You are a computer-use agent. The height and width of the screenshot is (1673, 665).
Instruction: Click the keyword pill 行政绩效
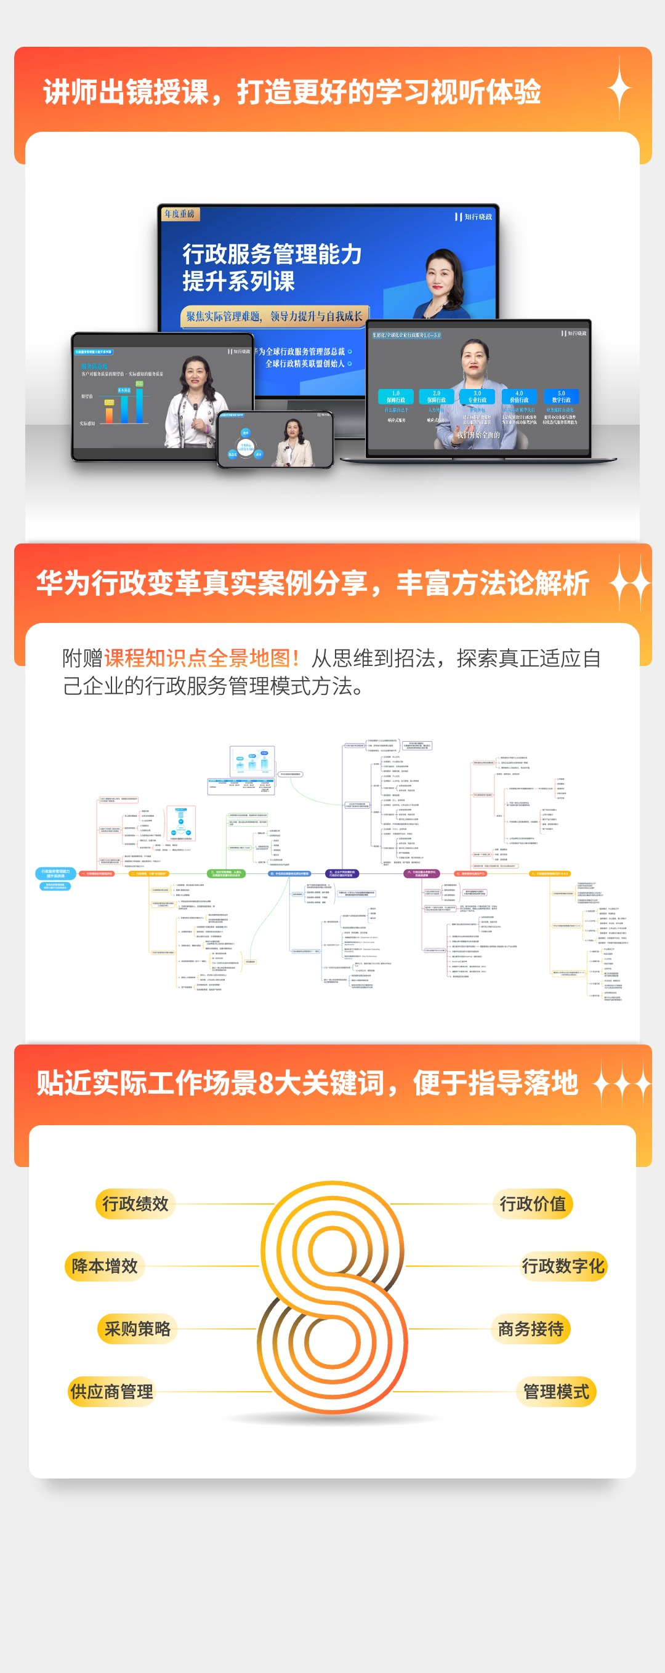[135, 1203]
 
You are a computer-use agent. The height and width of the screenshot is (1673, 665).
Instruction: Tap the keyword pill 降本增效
[105, 1266]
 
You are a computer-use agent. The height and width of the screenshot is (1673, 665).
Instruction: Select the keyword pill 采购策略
[137, 1328]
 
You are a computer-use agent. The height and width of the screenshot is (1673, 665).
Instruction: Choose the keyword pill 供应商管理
[111, 1391]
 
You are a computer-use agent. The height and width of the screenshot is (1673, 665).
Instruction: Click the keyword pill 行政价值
[533, 1203]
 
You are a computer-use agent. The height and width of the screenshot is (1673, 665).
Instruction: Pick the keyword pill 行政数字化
[563, 1266]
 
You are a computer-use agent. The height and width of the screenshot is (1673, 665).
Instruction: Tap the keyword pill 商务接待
[531, 1328]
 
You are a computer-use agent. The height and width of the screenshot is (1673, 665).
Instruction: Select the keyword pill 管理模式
[557, 1391]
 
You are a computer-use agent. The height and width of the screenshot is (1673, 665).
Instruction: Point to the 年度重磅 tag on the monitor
[179, 214]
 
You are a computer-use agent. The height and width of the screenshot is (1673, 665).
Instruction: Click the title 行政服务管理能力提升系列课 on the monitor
[272, 267]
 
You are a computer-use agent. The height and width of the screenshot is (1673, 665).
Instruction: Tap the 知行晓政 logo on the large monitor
[474, 217]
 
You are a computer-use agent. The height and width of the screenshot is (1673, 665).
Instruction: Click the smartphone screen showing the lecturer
[275, 440]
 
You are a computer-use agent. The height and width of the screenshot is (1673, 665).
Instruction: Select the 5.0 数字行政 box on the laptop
[561, 396]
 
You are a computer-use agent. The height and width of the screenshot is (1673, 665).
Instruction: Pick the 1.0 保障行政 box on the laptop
[395, 396]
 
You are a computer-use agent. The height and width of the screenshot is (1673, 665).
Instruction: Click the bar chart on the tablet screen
[123, 404]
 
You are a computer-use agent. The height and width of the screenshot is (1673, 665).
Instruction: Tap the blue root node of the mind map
[55, 873]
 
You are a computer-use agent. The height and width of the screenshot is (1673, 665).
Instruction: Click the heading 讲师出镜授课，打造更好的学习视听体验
[292, 92]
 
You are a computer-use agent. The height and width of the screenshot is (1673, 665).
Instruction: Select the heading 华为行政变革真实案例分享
[201, 582]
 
